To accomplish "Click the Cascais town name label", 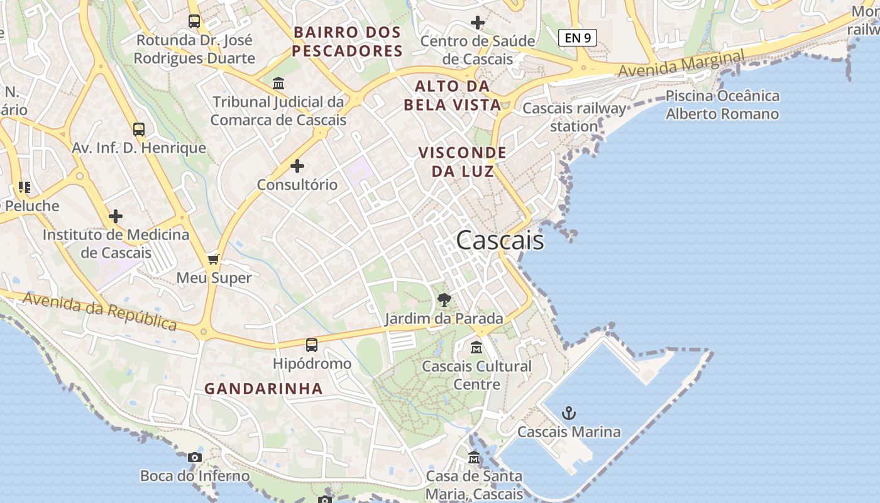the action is pyautogui.click(x=500, y=241).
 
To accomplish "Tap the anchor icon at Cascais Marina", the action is pyautogui.click(x=569, y=413).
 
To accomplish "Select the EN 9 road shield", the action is pyautogui.click(x=577, y=38).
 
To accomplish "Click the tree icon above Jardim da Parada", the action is pyautogui.click(x=444, y=299).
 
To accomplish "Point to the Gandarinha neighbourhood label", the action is pyautogui.click(x=263, y=389).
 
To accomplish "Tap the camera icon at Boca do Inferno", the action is pyautogui.click(x=195, y=457).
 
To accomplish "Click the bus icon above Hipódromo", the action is pyautogui.click(x=312, y=345).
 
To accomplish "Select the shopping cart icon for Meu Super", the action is pyautogui.click(x=214, y=259).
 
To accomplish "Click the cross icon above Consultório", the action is pyautogui.click(x=297, y=166).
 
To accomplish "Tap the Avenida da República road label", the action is pyautogui.click(x=99, y=310).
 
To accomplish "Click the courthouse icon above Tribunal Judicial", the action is pyautogui.click(x=278, y=83).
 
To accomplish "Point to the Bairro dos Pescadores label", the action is pyautogui.click(x=347, y=41).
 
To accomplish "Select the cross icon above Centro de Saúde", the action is pyautogui.click(x=478, y=23).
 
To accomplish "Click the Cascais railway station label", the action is pyautogui.click(x=575, y=117).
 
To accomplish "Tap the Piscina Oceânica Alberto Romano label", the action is pyautogui.click(x=722, y=105).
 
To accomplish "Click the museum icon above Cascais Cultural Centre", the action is pyautogui.click(x=476, y=347).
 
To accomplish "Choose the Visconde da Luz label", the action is pyautogui.click(x=462, y=162).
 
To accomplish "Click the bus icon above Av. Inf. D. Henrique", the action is pyautogui.click(x=139, y=130).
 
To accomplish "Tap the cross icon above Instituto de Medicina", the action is pyautogui.click(x=116, y=216).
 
